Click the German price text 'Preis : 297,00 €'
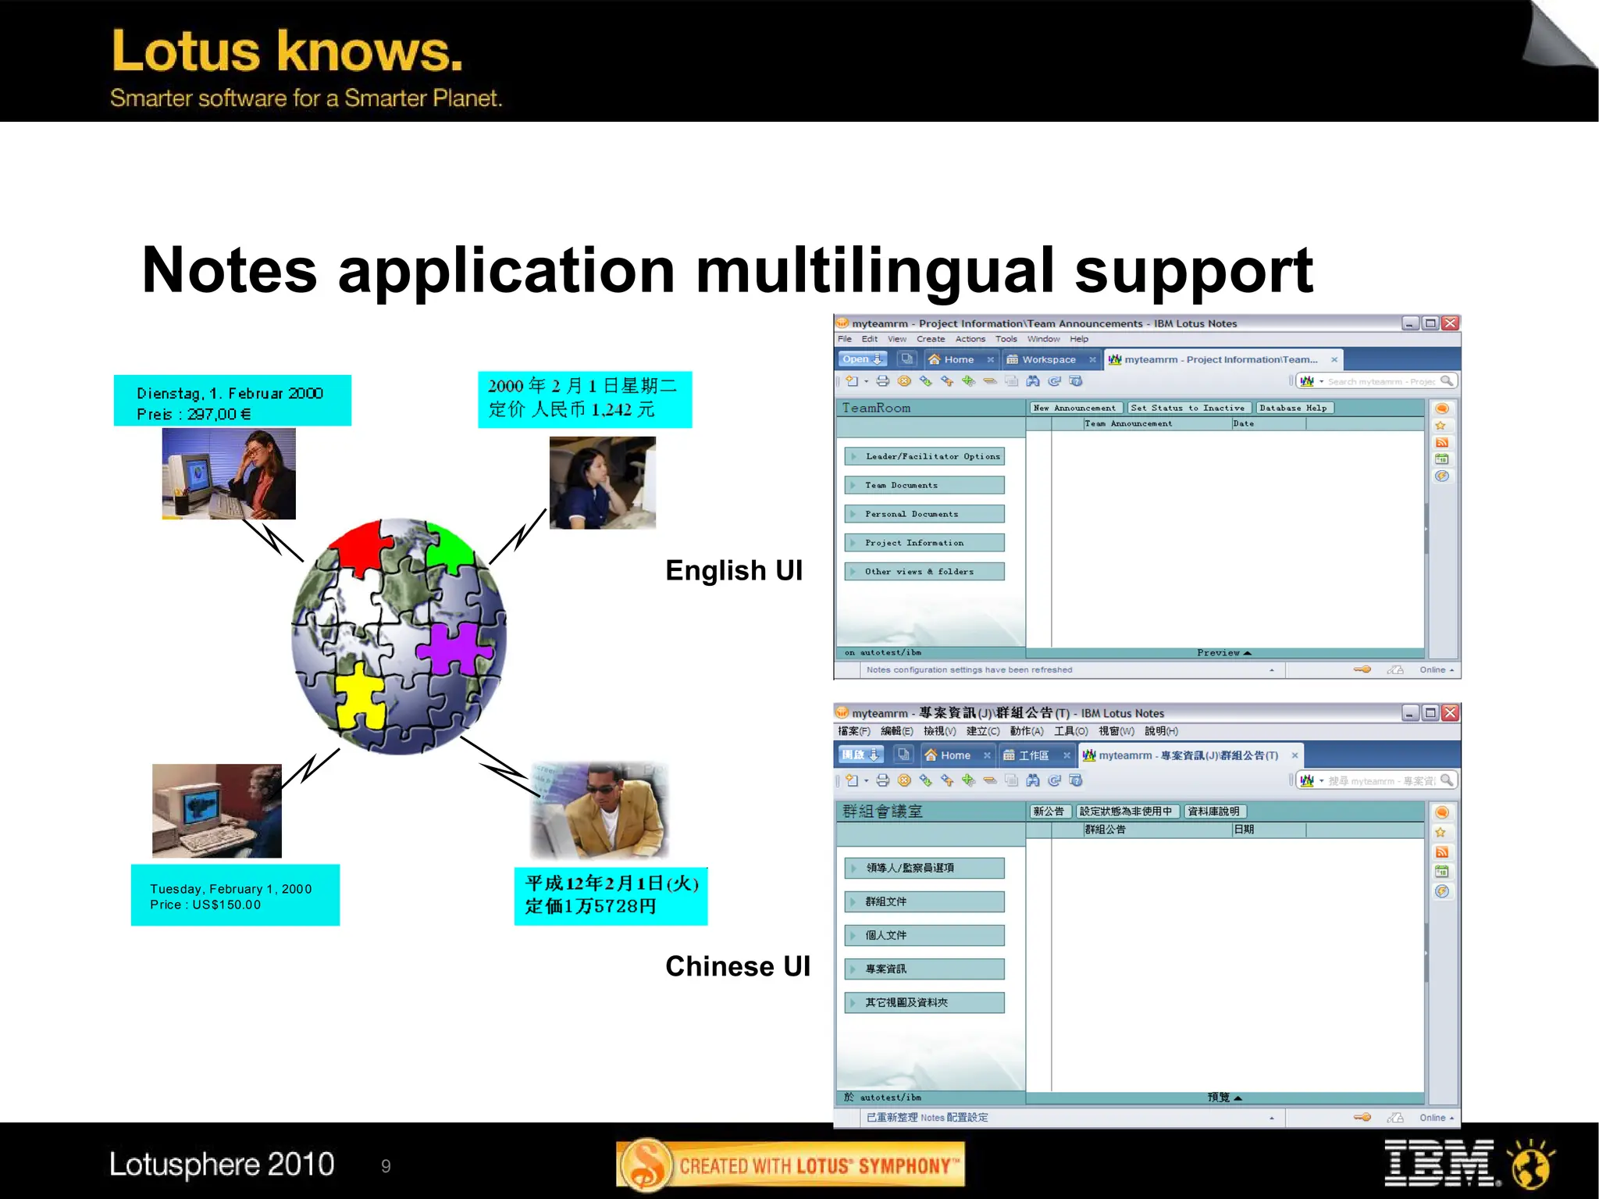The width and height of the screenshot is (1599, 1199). click(194, 414)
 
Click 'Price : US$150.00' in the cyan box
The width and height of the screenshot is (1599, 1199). click(205, 905)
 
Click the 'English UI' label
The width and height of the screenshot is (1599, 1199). click(734, 570)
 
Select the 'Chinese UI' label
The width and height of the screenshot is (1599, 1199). click(738, 966)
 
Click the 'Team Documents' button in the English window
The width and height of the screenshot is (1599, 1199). click(924, 485)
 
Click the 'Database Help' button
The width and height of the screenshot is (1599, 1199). click(1293, 408)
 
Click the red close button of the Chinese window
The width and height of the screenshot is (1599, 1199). click(1450, 712)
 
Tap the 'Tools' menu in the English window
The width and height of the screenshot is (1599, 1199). click(1006, 339)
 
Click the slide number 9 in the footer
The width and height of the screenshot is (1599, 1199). click(386, 1166)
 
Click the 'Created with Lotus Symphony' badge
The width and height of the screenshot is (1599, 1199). click(790, 1165)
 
